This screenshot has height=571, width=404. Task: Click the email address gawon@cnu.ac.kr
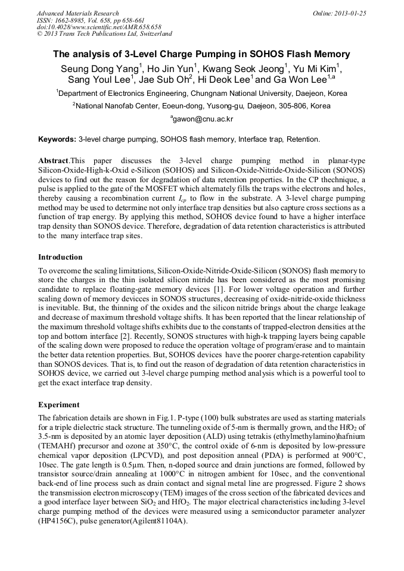[202, 119]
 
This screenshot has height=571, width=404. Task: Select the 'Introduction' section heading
[60, 257]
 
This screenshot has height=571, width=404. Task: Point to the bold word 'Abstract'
[53, 161]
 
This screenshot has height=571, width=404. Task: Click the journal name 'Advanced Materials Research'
[77, 13]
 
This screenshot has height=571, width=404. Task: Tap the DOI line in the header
[99, 27]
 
